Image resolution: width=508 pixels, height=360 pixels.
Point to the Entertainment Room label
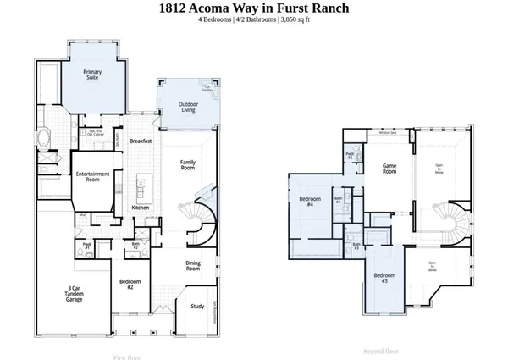(93, 176)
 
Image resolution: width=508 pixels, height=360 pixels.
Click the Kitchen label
(141, 208)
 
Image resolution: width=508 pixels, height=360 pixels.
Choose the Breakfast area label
(141, 141)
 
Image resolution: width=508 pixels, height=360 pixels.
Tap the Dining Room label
(193, 266)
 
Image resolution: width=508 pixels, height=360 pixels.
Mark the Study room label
(196, 307)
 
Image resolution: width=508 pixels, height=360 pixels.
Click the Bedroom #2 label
(130, 284)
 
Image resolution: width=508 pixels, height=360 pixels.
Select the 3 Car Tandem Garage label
(74, 294)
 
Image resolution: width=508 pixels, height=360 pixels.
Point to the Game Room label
(389, 169)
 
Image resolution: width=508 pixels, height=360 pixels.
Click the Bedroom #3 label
(384, 277)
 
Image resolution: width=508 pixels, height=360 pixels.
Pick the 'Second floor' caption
(381, 350)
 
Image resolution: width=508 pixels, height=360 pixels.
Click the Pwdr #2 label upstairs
(350, 157)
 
